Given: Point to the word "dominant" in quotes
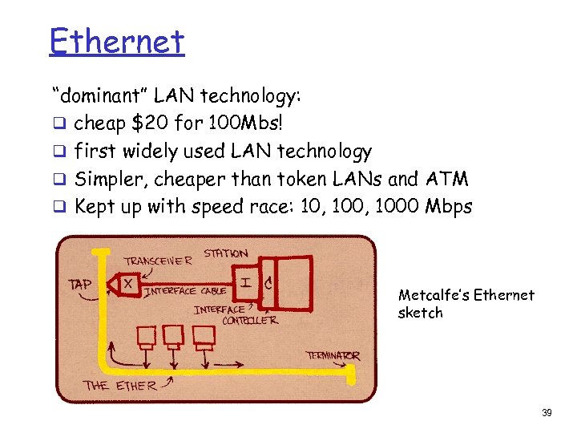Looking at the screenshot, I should point(100,96).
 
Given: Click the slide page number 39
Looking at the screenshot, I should point(547,413).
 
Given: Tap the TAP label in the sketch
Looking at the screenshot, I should point(80,284).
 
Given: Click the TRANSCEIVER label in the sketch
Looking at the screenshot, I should point(158,261).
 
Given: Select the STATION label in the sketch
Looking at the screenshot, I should point(226,253).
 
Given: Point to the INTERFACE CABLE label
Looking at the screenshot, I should point(185,291).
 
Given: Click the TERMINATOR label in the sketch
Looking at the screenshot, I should point(333,355).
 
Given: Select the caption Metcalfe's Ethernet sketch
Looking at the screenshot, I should point(466,303).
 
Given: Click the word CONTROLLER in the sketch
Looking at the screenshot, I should point(249,320).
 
